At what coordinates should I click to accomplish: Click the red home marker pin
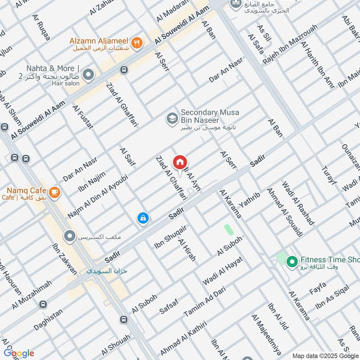(180, 162)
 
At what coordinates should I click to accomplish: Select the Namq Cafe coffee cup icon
(54, 192)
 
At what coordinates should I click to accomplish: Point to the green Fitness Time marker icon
(291, 261)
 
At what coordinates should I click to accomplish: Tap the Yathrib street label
(250, 201)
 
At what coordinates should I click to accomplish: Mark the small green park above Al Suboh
(229, 229)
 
